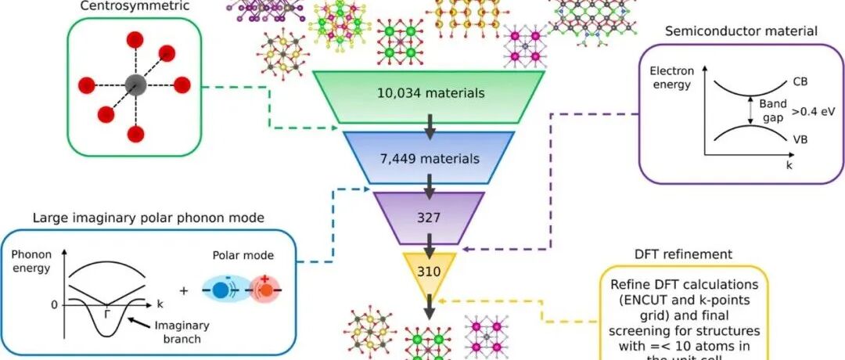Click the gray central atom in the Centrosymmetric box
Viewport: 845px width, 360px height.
click(x=135, y=84)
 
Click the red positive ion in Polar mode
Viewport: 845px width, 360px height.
click(x=265, y=289)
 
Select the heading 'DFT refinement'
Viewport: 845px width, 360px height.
click(x=684, y=254)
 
